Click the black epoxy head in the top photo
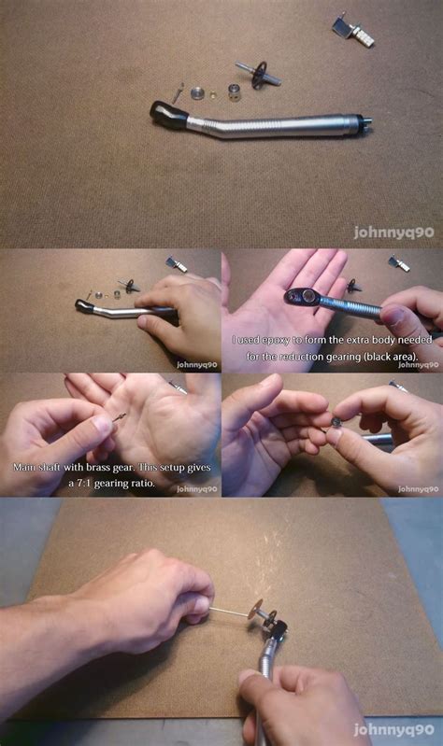pos(168,115)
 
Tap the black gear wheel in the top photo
pos(260,75)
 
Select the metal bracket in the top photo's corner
pos(353,31)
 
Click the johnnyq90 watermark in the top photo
pos(394,232)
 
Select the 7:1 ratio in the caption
pos(83,484)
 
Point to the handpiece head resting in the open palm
pos(303,298)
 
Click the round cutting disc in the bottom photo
pos(257,609)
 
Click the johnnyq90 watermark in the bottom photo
pos(394,729)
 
